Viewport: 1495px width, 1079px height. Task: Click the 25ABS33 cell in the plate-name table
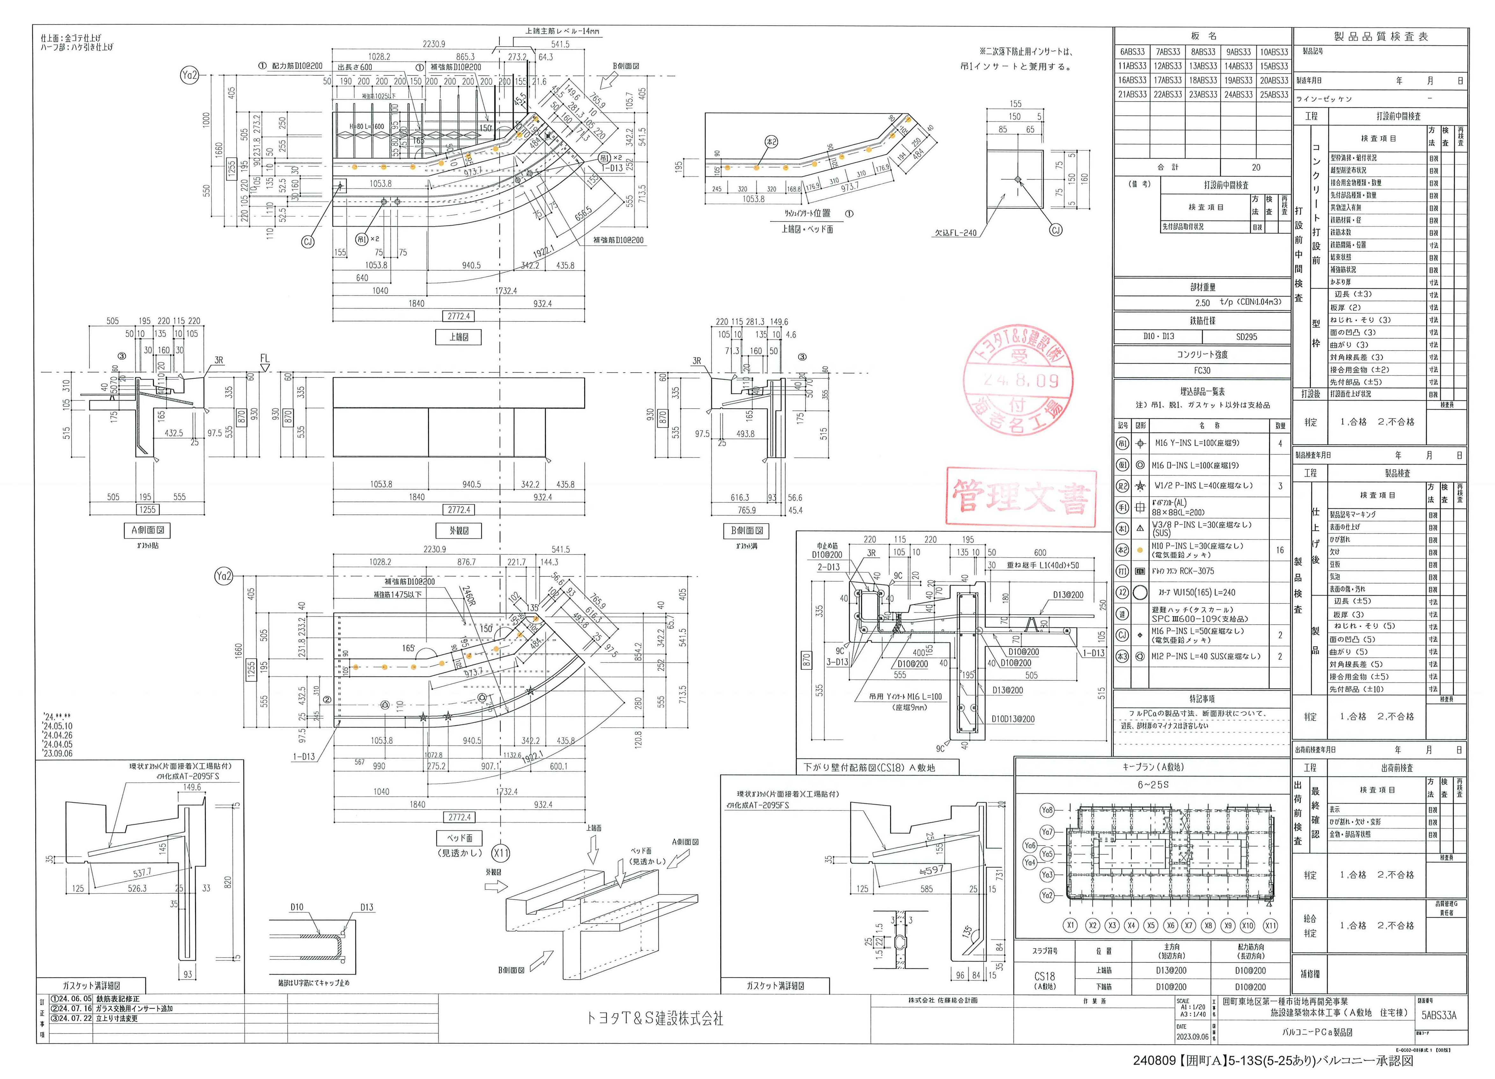[x=1274, y=95]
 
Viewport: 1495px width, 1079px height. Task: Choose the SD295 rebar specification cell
[x=1246, y=337]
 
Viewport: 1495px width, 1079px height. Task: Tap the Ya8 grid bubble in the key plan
[x=1047, y=810]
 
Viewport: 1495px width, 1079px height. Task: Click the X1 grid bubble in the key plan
[x=1070, y=925]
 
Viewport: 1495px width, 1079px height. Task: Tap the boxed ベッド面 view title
[x=460, y=838]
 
